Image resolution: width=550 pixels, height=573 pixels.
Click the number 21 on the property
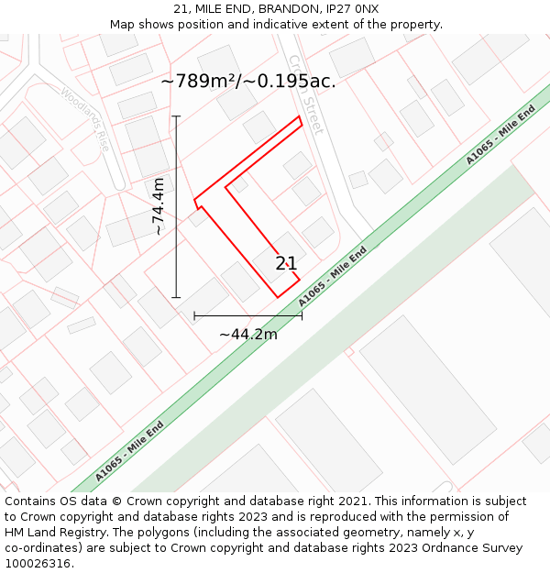(286, 264)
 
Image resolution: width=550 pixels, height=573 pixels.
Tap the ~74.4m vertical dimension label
(159, 206)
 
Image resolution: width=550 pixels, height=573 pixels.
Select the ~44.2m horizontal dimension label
(248, 335)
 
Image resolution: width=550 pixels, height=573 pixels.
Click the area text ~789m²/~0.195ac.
(248, 81)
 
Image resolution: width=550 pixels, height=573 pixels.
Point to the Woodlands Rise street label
(85, 119)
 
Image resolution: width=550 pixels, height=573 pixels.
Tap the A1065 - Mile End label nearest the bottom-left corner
(130, 450)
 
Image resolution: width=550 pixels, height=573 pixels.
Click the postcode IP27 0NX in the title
(353, 9)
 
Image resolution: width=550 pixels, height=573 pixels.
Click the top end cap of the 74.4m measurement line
(176, 116)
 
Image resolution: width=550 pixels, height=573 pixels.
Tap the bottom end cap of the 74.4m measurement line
(176, 297)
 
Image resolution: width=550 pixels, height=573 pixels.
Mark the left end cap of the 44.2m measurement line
(194, 315)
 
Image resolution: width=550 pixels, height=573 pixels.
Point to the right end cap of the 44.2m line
(302, 315)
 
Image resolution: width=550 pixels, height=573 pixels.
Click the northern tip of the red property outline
(299, 117)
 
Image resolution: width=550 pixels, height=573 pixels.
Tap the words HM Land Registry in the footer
(52, 533)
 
